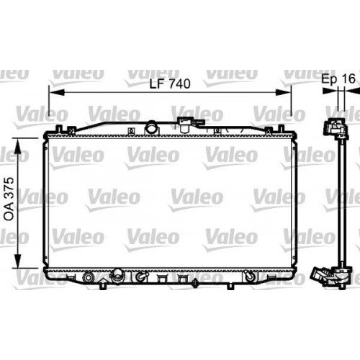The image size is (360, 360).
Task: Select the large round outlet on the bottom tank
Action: click(x=116, y=276)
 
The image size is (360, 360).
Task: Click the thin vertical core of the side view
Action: click(x=336, y=202)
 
